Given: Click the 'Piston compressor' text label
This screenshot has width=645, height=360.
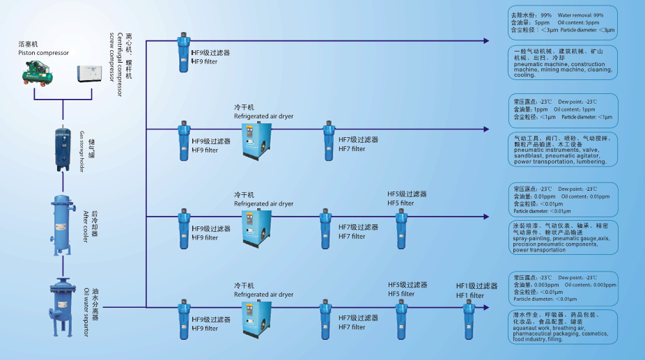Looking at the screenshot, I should tap(43, 52).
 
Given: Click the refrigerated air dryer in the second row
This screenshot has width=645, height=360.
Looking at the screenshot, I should tap(257, 139).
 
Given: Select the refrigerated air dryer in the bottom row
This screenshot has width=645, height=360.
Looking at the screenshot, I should tap(257, 320).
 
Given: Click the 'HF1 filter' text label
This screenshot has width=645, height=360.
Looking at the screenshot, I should tap(469, 296).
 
